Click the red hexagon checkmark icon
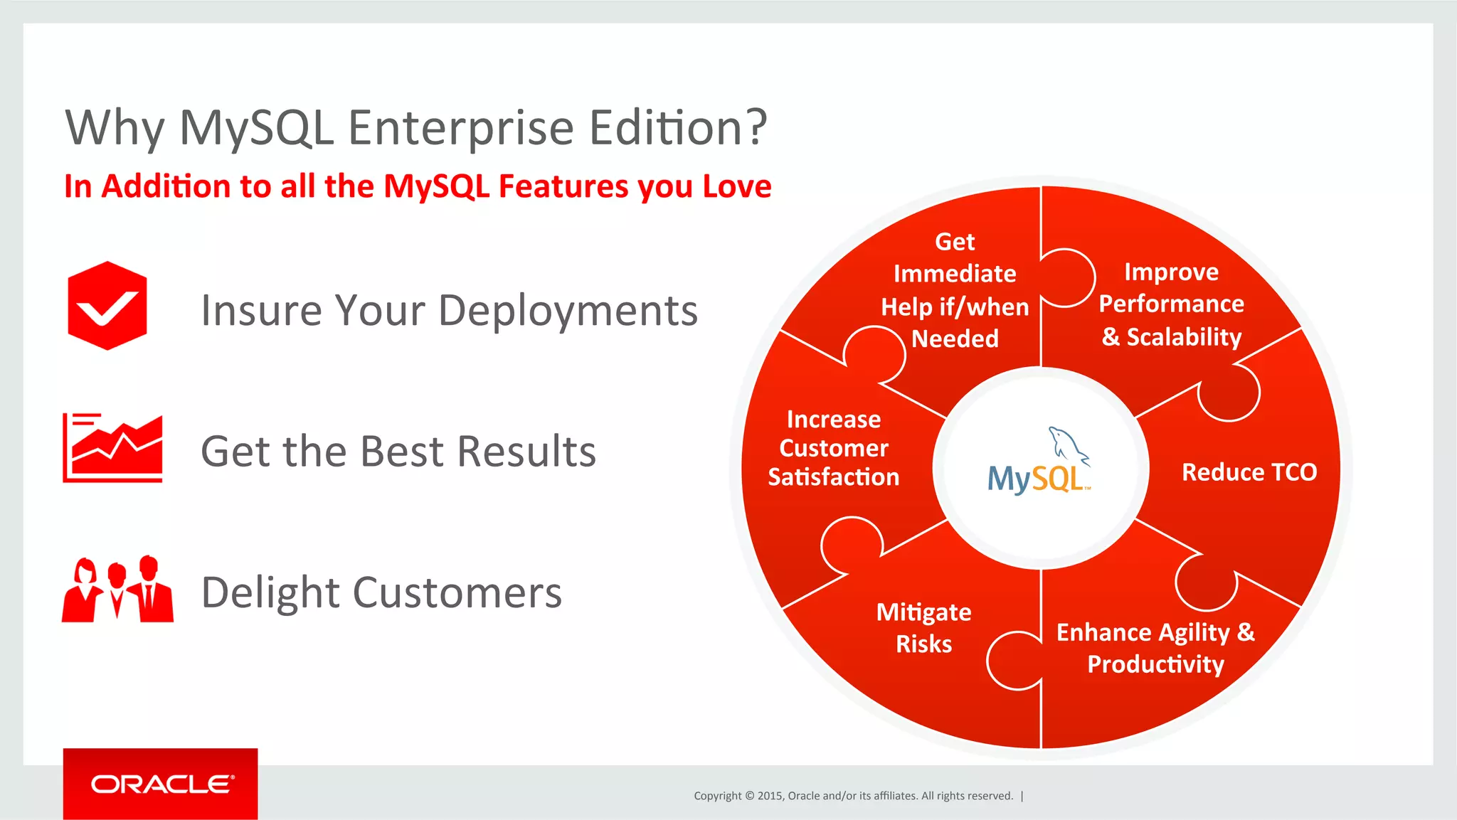click(107, 306)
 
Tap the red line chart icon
click(112, 448)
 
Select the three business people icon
click(117, 590)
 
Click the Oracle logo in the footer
click(161, 784)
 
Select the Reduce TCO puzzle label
click(1249, 472)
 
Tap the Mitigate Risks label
click(923, 627)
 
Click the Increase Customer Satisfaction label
click(833, 448)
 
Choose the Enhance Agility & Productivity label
click(1155, 648)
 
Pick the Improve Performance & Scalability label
click(1171, 304)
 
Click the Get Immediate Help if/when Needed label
click(955, 290)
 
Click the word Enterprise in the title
click(460, 128)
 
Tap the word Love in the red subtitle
click(736, 186)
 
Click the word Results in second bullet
click(526, 452)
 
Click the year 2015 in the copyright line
click(770, 796)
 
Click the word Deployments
click(568, 311)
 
